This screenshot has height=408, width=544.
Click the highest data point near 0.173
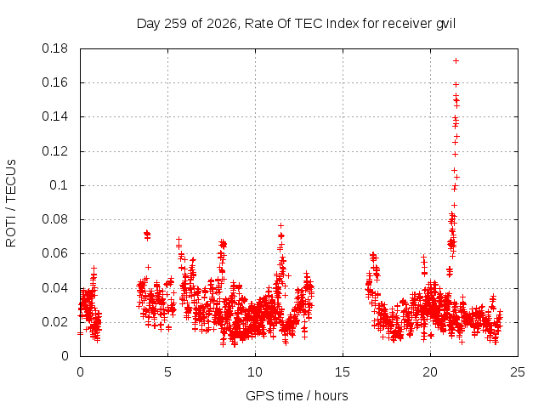pyautogui.click(x=456, y=60)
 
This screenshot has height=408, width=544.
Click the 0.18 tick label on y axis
pyautogui.click(x=54, y=48)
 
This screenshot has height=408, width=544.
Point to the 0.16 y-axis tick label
pyautogui.click(x=54, y=82)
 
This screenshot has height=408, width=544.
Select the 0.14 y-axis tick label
pyautogui.click(x=54, y=116)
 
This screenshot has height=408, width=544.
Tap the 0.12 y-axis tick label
pyautogui.click(x=54, y=151)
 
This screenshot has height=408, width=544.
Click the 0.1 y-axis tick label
pyautogui.click(x=59, y=185)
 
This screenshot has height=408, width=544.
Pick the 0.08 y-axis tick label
pyautogui.click(x=54, y=219)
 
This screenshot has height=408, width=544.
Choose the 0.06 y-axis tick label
pyautogui.click(x=54, y=253)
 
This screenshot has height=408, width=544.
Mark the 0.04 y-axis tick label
pyautogui.click(x=54, y=288)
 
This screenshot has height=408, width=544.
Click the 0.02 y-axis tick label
pyautogui.click(x=54, y=322)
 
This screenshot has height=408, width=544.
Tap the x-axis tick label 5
pyautogui.click(x=168, y=372)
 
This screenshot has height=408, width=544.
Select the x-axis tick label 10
pyautogui.click(x=255, y=372)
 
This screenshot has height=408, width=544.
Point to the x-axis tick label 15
pyautogui.click(x=343, y=372)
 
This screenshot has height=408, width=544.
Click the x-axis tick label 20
pyautogui.click(x=430, y=372)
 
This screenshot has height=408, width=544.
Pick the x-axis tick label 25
pyautogui.click(x=518, y=372)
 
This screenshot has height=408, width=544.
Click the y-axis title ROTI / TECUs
pyautogui.click(x=11, y=203)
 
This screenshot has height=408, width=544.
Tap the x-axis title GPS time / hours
pyautogui.click(x=297, y=396)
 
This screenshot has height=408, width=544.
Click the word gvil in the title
pyautogui.click(x=445, y=24)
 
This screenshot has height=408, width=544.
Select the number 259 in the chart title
pyautogui.click(x=176, y=24)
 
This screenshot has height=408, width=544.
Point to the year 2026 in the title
pyautogui.click(x=222, y=24)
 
